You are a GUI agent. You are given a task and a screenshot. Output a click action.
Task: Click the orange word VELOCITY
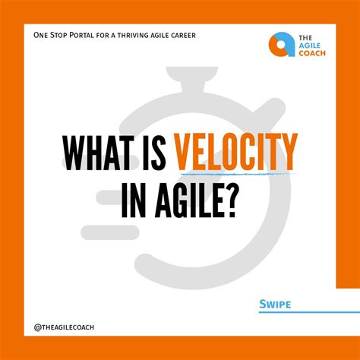[236, 152]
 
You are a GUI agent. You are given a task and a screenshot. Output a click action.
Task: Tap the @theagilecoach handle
[65, 327]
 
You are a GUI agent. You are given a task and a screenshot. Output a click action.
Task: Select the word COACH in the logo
[310, 53]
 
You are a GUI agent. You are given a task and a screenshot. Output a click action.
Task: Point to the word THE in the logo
[305, 35]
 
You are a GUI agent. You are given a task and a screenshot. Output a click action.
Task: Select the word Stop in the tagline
[64, 35]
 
